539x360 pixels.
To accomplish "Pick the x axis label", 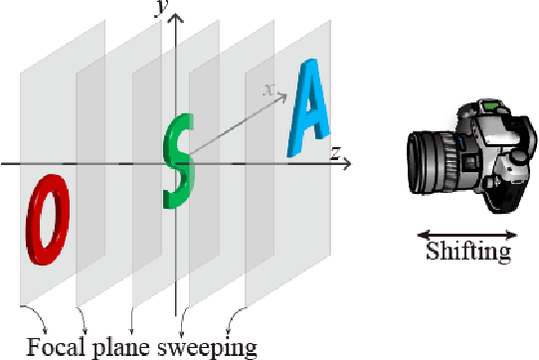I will click(x=268, y=89).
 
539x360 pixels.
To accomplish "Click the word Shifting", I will click(x=467, y=253).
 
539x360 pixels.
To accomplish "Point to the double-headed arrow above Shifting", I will click(x=466, y=235).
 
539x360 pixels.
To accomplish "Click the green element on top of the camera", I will click(x=490, y=102).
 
